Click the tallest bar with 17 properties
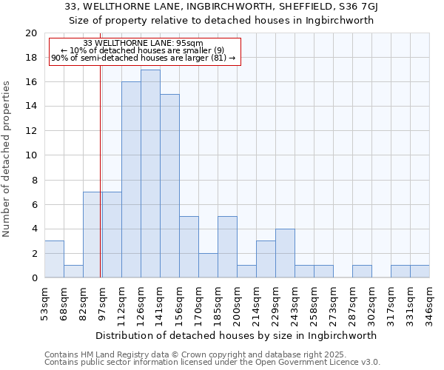click(150, 174)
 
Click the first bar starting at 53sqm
click(54, 259)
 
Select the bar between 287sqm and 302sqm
click(362, 272)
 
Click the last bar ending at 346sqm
click(420, 272)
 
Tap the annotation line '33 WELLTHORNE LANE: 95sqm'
click(143, 44)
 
